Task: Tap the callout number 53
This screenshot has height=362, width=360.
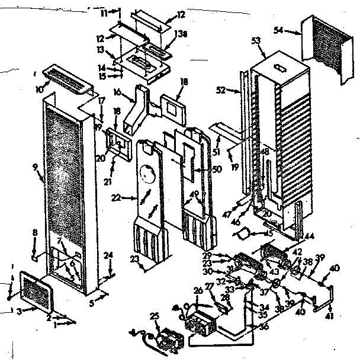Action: pos(256,40)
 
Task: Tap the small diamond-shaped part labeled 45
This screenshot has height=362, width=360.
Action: pos(243,235)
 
